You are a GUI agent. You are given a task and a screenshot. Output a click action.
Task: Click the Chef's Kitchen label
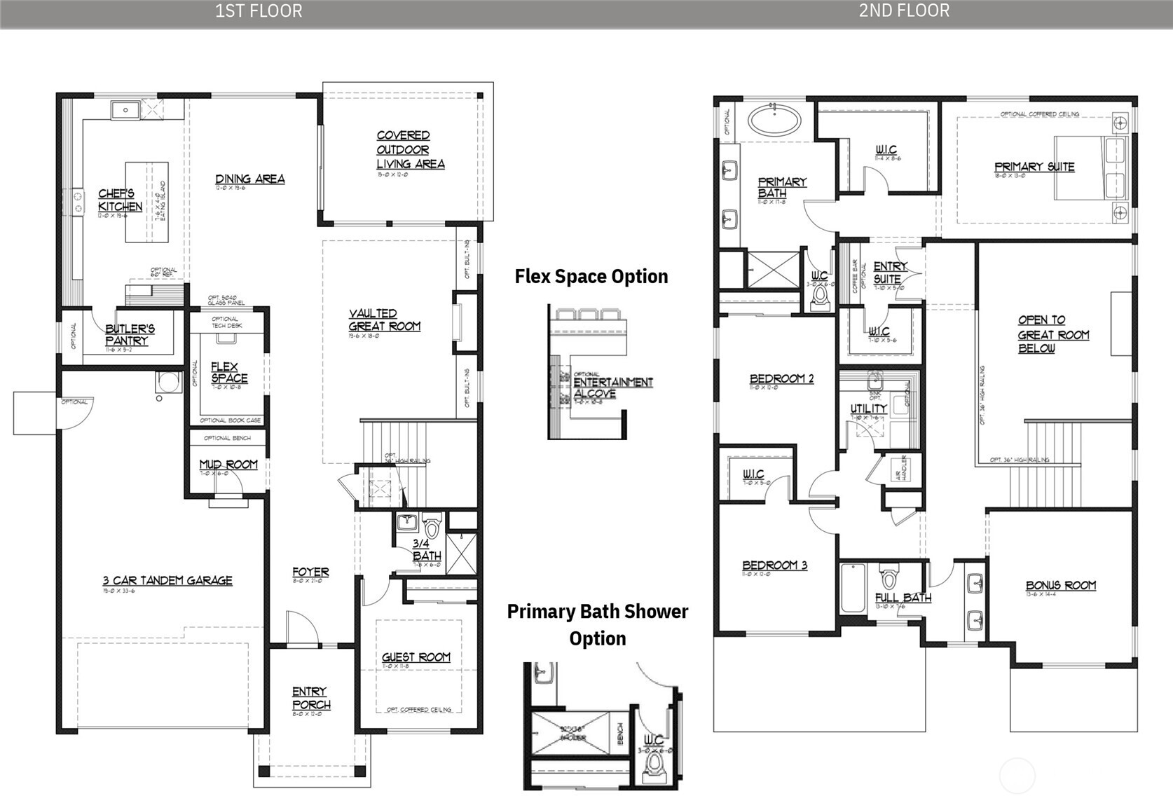[x=120, y=200]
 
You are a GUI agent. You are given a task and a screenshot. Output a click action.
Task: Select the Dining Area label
[x=249, y=179]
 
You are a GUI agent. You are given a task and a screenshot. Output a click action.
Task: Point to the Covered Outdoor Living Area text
[x=410, y=150]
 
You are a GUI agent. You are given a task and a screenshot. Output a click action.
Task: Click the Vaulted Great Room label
[x=384, y=320]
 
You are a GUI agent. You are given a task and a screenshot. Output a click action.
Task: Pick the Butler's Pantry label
[x=130, y=334]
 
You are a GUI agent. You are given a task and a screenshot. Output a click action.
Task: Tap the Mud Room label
[x=228, y=465]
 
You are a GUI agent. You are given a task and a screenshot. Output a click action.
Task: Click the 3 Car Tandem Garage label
[x=167, y=580]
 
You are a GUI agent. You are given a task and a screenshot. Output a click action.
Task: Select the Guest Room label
[x=416, y=657]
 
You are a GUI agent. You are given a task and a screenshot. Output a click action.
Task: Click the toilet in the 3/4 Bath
[x=432, y=525]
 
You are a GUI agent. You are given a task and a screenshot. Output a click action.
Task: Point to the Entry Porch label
[x=310, y=698]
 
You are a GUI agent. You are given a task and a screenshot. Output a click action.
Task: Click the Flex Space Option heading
[x=591, y=276]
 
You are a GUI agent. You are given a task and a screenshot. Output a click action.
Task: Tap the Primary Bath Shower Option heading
[x=597, y=624]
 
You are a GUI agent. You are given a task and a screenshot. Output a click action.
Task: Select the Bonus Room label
[x=1060, y=586]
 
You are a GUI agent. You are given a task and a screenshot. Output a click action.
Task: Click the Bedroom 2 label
[x=781, y=379]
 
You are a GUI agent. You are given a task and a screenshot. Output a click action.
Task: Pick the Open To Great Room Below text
[x=1052, y=334]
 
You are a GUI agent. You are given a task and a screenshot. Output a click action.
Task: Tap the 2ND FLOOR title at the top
[x=904, y=11]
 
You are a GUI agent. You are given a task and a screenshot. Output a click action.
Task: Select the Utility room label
[x=868, y=409]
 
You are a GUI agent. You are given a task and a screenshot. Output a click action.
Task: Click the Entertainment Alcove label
[x=612, y=387]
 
